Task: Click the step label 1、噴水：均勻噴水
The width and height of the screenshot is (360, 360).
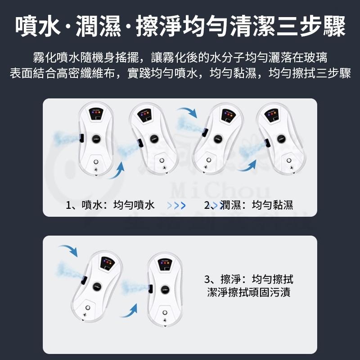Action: point(110,206)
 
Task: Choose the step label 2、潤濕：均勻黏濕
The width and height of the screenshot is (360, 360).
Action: point(249,206)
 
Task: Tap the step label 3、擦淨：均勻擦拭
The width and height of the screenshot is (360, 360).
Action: point(249,279)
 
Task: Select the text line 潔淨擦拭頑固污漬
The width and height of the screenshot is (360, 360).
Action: point(249,292)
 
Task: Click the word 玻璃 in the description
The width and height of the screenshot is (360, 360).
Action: point(316,58)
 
